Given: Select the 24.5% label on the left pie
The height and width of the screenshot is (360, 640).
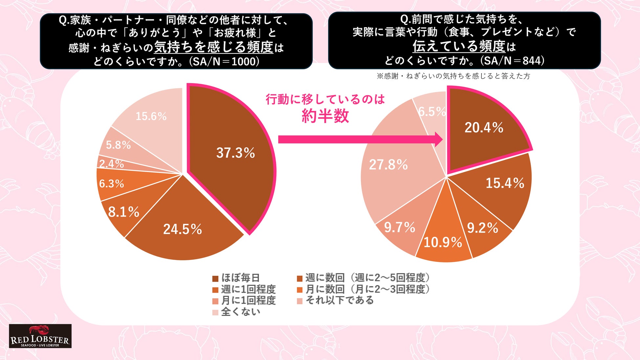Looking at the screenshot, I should (x=182, y=229).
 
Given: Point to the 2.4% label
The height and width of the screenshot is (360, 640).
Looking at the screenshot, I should (x=112, y=164).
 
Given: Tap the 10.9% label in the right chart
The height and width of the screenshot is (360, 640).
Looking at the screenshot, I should (x=443, y=243).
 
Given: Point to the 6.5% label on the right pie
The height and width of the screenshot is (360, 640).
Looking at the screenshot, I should (x=432, y=112).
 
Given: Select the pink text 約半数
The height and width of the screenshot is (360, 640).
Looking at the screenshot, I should (x=325, y=116).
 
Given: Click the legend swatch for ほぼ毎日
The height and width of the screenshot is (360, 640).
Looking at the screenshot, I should (x=215, y=279).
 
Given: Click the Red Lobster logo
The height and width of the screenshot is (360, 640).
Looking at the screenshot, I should (x=40, y=336).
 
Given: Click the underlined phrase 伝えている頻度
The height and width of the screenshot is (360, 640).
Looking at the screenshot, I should (x=459, y=46).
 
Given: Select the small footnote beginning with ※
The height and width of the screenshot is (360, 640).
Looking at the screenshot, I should (x=453, y=76).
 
